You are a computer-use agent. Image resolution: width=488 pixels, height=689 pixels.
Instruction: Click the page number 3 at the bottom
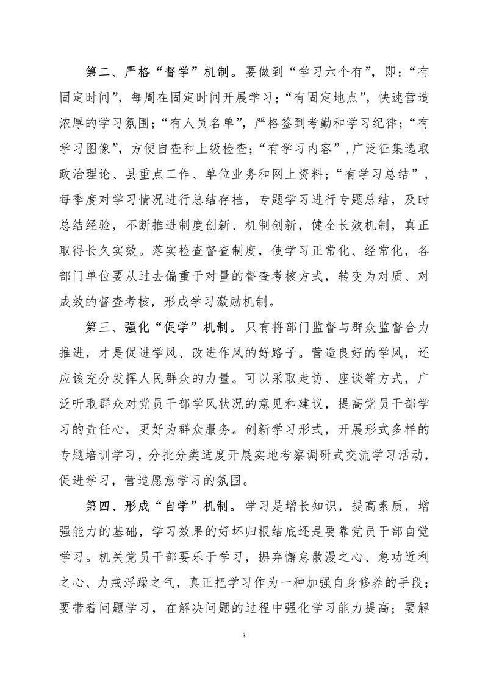(x=244, y=637)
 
